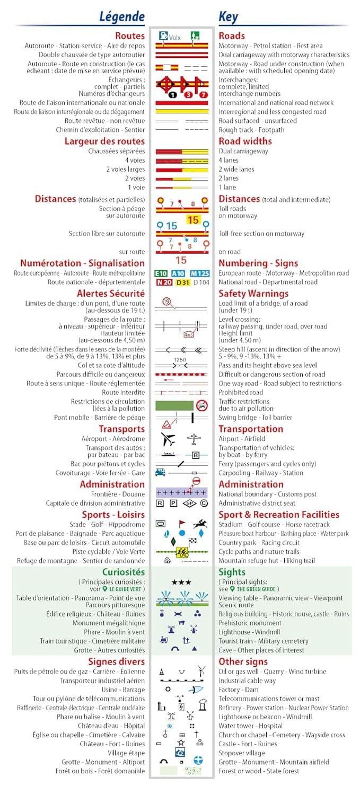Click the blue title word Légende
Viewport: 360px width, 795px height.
(122, 17)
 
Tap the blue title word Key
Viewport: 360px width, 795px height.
(228, 17)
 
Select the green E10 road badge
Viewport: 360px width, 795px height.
(161, 273)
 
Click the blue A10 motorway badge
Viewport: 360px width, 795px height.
(178, 273)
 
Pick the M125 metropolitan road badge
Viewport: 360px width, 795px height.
(199, 273)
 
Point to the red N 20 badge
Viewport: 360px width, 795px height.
(163, 282)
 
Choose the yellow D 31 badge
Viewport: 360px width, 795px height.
(182, 282)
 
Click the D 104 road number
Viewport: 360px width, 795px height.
(201, 282)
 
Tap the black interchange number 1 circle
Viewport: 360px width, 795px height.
(172, 94)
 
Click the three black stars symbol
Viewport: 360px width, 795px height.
(181, 582)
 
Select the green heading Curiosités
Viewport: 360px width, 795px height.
(123, 572)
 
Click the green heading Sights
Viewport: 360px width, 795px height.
(232, 572)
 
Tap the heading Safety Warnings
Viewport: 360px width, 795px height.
(253, 294)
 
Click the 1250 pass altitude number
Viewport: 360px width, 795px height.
(180, 360)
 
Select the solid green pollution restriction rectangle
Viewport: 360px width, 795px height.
(174, 405)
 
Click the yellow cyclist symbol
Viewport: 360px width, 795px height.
(181, 552)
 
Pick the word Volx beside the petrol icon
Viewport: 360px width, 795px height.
(175, 38)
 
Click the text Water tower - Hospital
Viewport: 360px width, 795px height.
(251, 726)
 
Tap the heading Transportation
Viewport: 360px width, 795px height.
(251, 429)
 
